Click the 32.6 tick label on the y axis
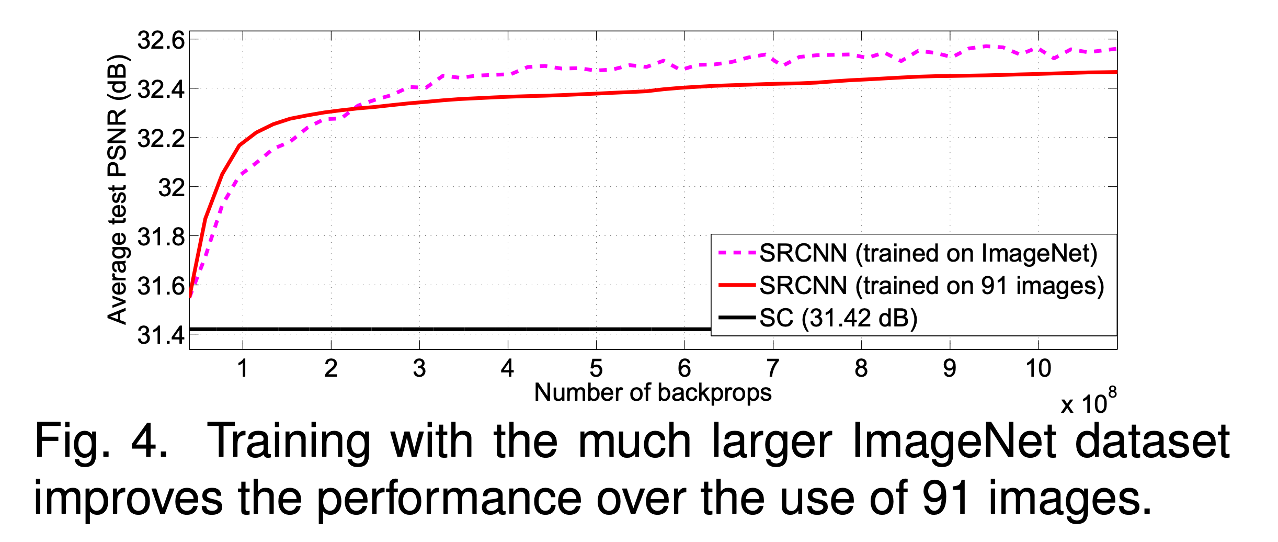point(161,40)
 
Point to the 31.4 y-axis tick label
point(161,335)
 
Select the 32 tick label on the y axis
point(172,188)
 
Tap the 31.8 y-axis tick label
point(161,237)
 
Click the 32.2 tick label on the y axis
point(161,139)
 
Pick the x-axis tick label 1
point(242,368)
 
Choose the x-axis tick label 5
point(596,368)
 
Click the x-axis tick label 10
point(1038,368)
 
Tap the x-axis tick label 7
point(773,368)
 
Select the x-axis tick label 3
point(419,368)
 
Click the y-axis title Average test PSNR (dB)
point(118,189)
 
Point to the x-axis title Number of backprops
point(653,392)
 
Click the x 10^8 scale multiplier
point(1088,403)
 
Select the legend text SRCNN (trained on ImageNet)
point(928,253)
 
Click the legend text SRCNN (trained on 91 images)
point(931,286)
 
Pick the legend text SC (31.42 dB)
point(838,318)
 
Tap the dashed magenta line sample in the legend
point(737,253)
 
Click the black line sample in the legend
point(737,318)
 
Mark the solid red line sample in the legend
point(737,286)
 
